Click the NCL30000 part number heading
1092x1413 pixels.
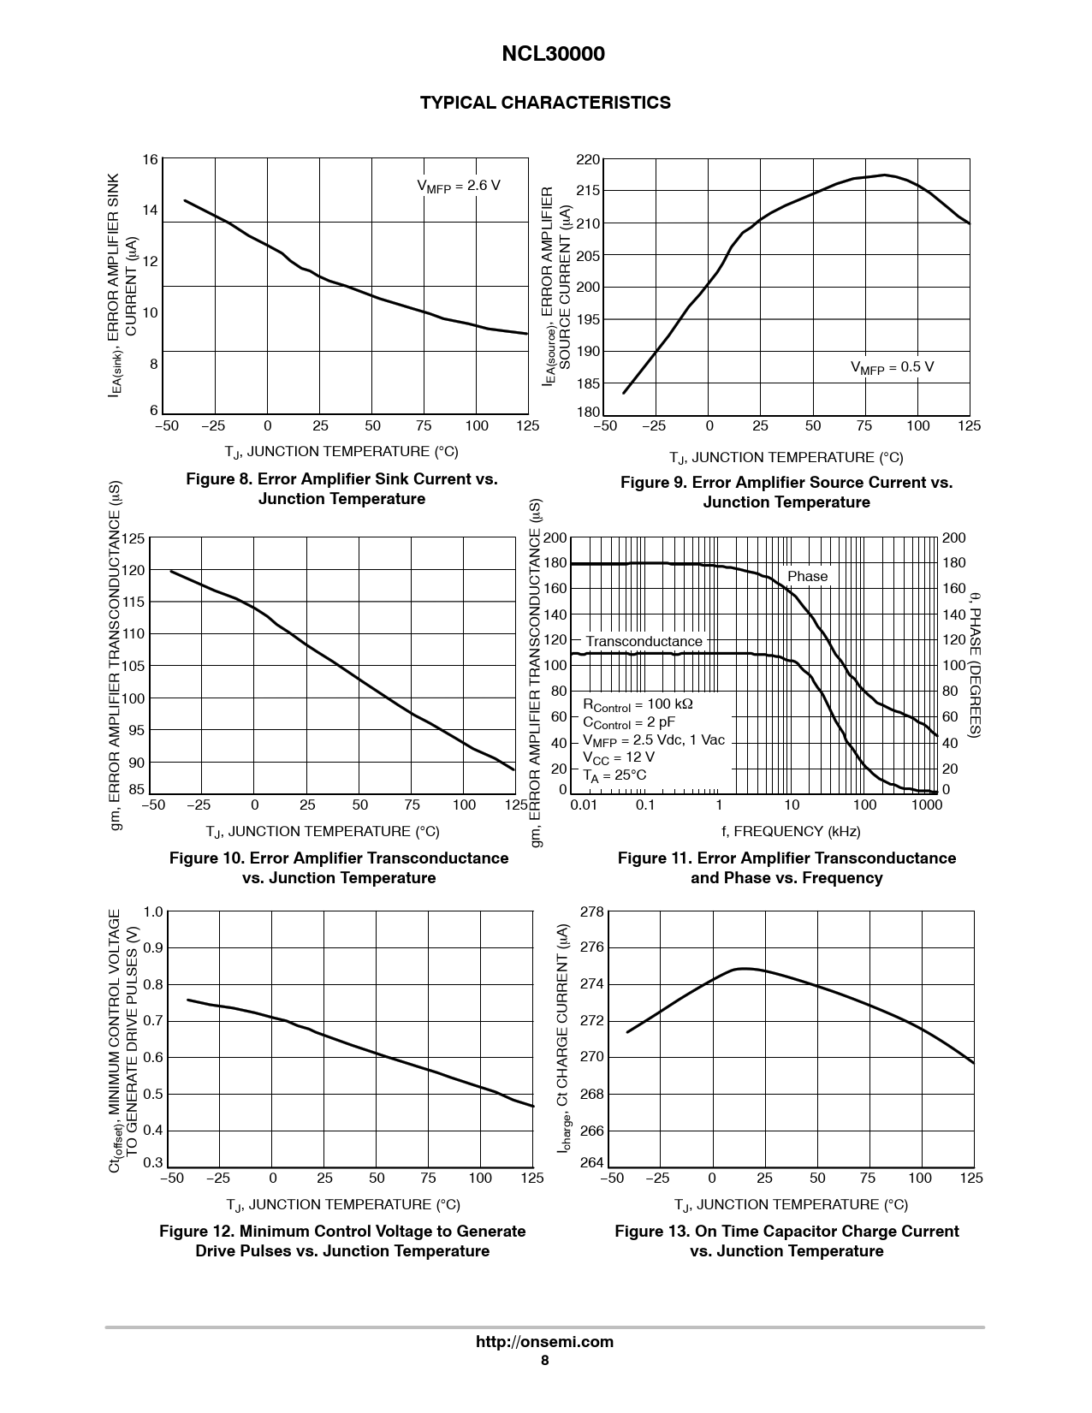[552, 54]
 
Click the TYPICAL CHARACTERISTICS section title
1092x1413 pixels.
[545, 103]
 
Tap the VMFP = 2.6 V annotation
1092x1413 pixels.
[458, 186]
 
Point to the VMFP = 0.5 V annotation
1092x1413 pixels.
[891, 367]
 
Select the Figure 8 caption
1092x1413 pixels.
[341, 489]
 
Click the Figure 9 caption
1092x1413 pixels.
[786, 492]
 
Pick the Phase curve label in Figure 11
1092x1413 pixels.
[807, 576]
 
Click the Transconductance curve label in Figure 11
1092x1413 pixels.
[644, 641]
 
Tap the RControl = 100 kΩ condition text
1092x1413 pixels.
[638, 704]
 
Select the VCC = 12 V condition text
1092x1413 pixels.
[618, 757]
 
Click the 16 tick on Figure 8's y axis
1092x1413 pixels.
[151, 159]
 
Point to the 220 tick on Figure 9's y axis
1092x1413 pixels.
[588, 160]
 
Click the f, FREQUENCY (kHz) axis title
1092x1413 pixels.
[790, 831]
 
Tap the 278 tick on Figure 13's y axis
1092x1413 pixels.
[592, 911]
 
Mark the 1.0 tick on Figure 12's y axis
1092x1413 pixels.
[152, 911]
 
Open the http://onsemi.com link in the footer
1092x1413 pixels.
[544, 1341]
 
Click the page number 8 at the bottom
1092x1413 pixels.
[544, 1361]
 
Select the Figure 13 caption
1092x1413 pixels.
[786, 1241]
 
